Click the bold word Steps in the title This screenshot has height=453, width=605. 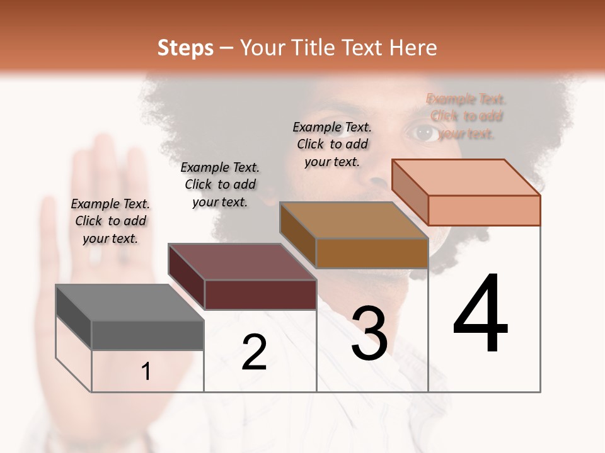pyautogui.click(x=185, y=48)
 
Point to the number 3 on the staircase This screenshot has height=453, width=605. pyautogui.click(x=369, y=333)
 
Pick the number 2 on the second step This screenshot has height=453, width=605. pyautogui.click(x=254, y=352)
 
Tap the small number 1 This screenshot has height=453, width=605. pyautogui.click(x=146, y=372)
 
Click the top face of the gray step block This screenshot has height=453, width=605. pyautogui.click(x=130, y=303)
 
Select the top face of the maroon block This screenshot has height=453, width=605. pyautogui.click(x=242, y=262)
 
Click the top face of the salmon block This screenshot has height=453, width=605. pyautogui.click(x=466, y=177)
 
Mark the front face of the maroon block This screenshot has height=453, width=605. pyautogui.click(x=260, y=294)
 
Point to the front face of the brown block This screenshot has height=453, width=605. pyautogui.click(x=372, y=253)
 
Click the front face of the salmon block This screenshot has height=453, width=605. pyautogui.click(x=484, y=210)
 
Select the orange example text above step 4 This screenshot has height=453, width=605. pyautogui.click(x=466, y=116)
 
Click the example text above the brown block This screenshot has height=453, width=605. pyautogui.click(x=332, y=144)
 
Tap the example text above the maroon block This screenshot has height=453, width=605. pyautogui.click(x=220, y=184)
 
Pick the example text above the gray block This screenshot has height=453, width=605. pyautogui.click(x=110, y=221)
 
